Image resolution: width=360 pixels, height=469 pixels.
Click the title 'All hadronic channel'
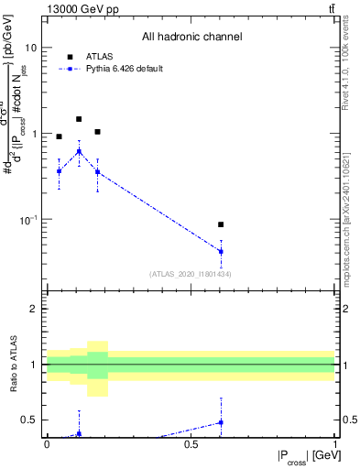click(191, 38)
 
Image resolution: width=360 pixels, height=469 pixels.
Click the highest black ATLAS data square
click(79, 119)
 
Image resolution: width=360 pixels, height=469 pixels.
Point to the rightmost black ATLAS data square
click(221, 224)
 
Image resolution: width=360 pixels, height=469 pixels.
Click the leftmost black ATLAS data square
click(60, 136)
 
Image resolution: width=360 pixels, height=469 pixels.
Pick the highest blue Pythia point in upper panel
click(79, 151)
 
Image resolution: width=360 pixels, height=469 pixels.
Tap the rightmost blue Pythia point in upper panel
click(221, 251)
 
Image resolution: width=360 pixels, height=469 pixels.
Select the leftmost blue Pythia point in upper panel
click(60, 171)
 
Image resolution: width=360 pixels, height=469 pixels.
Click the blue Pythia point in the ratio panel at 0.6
click(221, 422)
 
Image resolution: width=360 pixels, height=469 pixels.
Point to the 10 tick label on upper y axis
click(30, 48)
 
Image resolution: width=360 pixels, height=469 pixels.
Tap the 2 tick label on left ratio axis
click(34, 309)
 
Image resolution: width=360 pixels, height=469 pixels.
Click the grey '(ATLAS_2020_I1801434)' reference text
click(191, 274)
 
